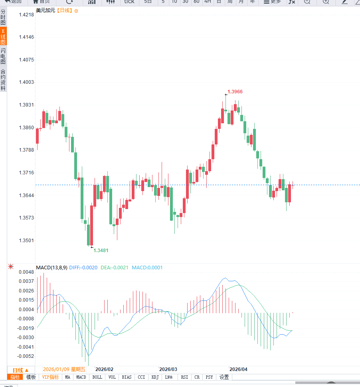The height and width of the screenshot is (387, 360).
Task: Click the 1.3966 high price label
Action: (x=235, y=92)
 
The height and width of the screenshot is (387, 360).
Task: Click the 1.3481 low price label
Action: (x=101, y=250)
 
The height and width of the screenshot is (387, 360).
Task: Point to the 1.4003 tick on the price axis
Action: (x=27, y=82)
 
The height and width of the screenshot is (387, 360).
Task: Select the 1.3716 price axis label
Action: (x=27, y=173)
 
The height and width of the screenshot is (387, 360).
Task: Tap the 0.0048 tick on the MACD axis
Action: (x=27, y=272)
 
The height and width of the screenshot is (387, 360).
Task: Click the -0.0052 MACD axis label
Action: (x=26, y=356)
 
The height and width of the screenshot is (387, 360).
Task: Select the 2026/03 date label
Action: (x=168, y=369)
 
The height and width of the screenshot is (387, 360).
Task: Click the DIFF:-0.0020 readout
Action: (x=83, y=268)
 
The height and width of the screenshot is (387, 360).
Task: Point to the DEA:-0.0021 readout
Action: (x=114, y=268)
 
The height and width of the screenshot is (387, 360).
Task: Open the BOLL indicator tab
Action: (x=97, y=377)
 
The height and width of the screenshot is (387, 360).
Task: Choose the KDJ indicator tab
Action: (x=155, y=377)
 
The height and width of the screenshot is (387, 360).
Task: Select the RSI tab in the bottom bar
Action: (x=184, y=377)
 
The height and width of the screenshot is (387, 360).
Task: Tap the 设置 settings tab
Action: (x=224, y=377)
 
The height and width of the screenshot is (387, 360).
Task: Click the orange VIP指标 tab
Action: (x=50, y=377)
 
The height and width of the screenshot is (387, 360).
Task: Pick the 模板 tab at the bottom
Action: (x=31, y=377)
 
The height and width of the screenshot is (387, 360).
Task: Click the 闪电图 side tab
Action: (x=3, y=57)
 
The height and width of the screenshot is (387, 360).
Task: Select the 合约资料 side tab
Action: (x=3, y=80)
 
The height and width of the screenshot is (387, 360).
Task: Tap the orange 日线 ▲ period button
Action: (x=21, y=370)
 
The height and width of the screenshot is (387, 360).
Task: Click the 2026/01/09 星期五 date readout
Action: (x=64, y=369)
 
